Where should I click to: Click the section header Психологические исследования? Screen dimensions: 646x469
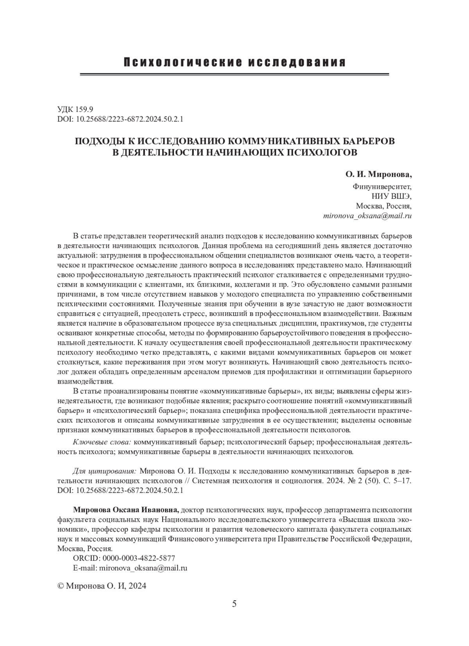click(x=234, y=62)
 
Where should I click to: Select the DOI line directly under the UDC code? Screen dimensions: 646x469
click(x=120, y=119)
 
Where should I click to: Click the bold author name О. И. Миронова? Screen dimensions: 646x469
click(x=379, y=174)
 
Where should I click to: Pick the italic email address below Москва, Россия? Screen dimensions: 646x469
click(x=367, y=216)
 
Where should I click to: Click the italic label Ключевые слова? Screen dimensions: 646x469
click(x=102, y=442)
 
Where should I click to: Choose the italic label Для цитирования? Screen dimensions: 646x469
click(x=104, y=470)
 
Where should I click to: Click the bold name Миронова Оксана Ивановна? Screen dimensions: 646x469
click(x=126, y=510)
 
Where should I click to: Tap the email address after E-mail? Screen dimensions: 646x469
click(x=143, y=568)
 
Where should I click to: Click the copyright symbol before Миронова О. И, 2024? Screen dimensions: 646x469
click(x=61, y=586)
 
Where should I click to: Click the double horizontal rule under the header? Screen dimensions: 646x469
click(x=234, y=74)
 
